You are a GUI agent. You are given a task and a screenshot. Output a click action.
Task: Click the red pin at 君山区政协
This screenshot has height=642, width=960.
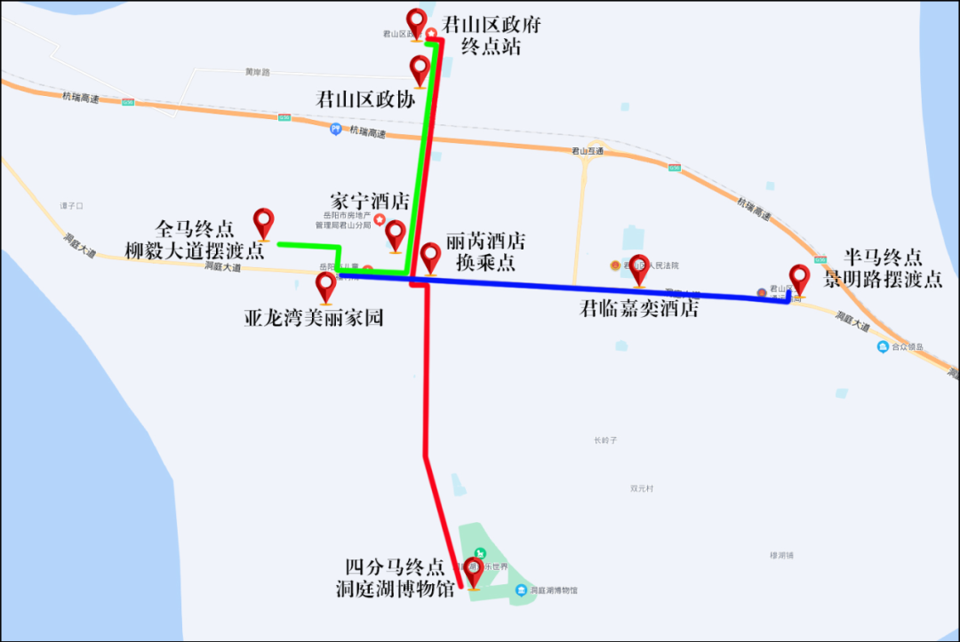click(419, 69)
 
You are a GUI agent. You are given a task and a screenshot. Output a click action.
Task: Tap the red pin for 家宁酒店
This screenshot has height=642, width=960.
click(396, 234)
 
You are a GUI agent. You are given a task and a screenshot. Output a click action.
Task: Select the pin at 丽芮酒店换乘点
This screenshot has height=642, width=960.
click(430, 257)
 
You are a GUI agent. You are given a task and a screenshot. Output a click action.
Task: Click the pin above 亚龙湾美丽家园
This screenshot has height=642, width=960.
click(326, 286)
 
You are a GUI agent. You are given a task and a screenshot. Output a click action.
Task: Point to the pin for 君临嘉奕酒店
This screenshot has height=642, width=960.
click(639, 268)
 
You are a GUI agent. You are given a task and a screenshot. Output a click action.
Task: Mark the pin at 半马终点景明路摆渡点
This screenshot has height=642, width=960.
click(799, 279)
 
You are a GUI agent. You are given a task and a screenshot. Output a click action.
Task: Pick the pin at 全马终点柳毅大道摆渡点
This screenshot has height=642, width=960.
click(264, 223)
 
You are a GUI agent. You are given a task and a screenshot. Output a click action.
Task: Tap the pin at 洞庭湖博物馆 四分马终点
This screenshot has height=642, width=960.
click(474, 572)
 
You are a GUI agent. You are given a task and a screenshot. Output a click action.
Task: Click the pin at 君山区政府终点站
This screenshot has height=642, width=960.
click(416, 23)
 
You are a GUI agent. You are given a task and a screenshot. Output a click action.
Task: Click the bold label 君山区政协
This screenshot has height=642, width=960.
click(365, 99)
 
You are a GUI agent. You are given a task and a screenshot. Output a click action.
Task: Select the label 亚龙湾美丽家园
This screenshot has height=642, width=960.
click(314, 317)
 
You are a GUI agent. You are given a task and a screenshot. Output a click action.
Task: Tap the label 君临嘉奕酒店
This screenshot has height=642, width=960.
click(639, 309)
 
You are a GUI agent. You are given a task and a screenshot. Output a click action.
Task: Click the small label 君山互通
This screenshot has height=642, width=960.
click(587, 151)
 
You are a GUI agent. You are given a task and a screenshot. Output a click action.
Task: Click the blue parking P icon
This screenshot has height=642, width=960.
click(335, 129)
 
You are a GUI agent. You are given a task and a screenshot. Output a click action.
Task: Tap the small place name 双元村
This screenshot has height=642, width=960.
click(641, 488)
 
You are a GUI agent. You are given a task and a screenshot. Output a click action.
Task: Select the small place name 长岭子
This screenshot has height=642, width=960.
click(604, 440)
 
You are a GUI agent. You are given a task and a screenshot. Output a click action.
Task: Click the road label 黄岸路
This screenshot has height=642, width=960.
click(257, 72)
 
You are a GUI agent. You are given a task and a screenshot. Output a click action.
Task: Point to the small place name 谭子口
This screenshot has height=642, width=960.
click(71, 205)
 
